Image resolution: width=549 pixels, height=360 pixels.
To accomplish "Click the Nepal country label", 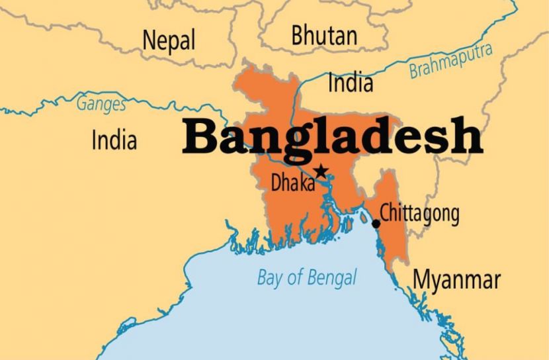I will coord(169,40).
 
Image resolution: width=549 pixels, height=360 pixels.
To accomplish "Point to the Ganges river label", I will coord(101,104).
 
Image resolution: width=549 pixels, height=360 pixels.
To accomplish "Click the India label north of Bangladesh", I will coord(351,83).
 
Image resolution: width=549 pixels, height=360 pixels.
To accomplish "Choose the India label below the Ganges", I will coord(114,140).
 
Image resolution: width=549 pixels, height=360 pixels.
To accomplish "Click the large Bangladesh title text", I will coord(332,137).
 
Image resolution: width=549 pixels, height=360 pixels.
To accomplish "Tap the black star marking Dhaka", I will coord(321,171).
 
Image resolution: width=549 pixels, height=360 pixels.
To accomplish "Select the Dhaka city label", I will coord(292,183).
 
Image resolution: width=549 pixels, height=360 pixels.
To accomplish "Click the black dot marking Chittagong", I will coord(376,224).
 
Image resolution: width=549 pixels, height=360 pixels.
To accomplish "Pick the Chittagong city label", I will coord(419,213).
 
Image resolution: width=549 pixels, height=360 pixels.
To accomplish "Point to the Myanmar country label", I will coord(456,279).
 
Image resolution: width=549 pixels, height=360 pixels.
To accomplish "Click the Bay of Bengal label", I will coord(306,277).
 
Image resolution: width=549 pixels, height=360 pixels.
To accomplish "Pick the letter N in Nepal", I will coord(149,40).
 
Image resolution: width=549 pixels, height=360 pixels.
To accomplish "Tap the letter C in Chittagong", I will coord(386,213).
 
